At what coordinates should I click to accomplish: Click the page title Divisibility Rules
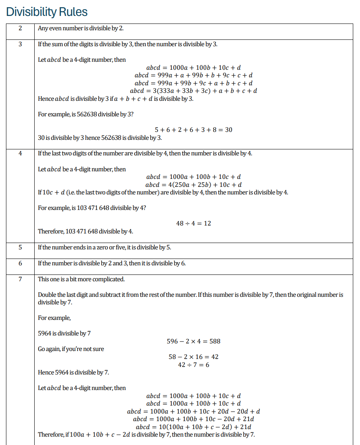pos(47,12)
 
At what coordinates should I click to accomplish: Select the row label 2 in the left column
pos(20,28)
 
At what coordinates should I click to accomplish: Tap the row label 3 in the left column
pos(20,44)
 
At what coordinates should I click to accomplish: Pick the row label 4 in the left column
pos(20,153)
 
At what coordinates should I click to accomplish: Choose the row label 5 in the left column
pos(20,247)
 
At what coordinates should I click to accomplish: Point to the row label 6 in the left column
pos(20,263)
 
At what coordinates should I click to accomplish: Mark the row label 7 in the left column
pos(20,279)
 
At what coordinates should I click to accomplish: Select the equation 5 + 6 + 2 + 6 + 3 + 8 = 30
pos(194,130)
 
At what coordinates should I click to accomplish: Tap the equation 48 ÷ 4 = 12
pos(194,223)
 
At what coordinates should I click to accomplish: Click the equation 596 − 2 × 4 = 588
pos(194,341)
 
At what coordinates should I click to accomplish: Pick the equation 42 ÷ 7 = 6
pos(194,365)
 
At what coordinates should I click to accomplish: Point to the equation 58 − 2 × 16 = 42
pos(194,357)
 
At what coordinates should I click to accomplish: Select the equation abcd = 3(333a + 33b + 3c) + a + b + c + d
pos(194,91)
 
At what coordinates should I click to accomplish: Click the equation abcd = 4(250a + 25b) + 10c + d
pos(194,185)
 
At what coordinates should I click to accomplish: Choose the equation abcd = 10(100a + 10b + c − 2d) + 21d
pos(194,427)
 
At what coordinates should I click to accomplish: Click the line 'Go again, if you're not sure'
pos(71,349)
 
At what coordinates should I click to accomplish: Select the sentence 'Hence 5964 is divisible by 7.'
pos(73,372)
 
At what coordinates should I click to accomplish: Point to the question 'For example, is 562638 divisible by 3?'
pos(86,114)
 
